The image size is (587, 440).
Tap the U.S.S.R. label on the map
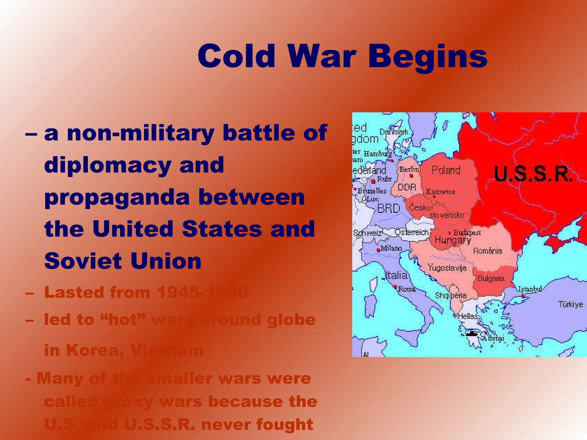point(533,174)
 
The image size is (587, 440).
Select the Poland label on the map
point(446,170)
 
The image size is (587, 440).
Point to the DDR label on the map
point(407,187)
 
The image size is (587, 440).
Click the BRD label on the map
point(388,208)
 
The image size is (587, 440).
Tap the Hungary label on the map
point(453,240)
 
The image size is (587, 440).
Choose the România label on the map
point(488,251)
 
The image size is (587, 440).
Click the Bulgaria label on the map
point(491,278)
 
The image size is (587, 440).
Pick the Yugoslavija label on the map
point(447,268)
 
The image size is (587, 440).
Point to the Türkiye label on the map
point(570,304)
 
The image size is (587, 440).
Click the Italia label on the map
point(396,275)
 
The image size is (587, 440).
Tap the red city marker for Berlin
point(411,176)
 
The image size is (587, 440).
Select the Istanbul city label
point(530,289)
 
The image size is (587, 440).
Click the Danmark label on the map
point(394,132)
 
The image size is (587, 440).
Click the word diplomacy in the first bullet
point(107,166)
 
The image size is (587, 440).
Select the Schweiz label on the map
point(367,233)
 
